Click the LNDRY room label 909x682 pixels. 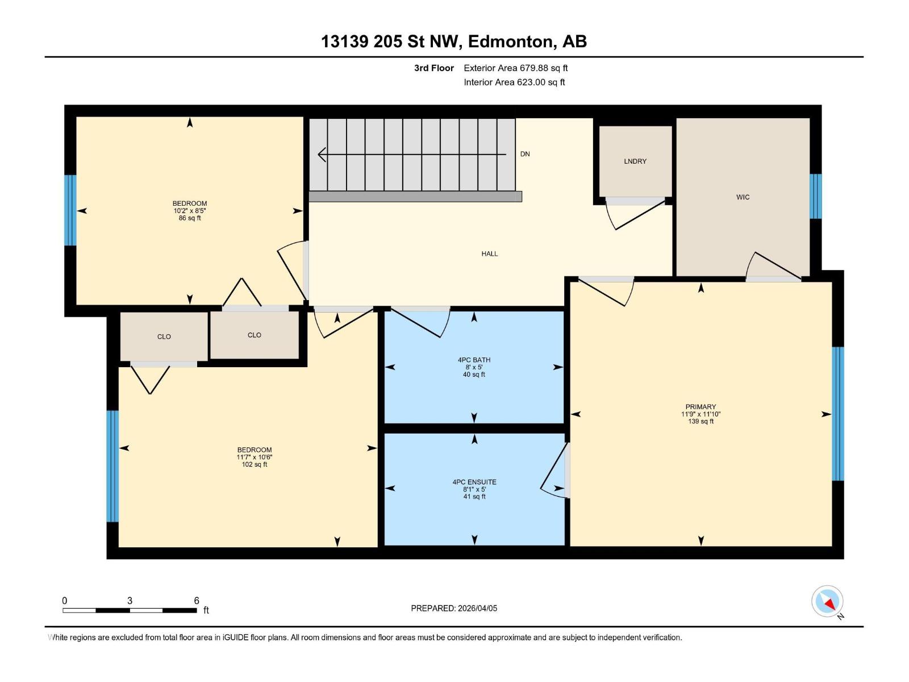635,161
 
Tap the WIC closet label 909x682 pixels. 743,197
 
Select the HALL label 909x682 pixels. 489,254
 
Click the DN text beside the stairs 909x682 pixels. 525,154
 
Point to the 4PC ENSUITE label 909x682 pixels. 474,482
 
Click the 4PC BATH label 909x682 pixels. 474,360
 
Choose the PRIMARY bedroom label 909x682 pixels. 700,407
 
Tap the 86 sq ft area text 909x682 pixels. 190,218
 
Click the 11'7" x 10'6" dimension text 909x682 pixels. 255,457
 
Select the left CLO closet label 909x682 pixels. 164,337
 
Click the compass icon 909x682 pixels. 827,601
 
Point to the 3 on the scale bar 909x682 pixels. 130,601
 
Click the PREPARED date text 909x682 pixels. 454,608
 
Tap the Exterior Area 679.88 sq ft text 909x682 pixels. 515,68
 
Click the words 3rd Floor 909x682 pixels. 434,68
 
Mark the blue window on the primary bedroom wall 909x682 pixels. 837,414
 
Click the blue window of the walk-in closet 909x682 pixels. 815,196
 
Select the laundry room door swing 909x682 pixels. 633,215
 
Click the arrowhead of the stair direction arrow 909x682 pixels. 322,154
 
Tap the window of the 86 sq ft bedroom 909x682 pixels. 70,210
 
